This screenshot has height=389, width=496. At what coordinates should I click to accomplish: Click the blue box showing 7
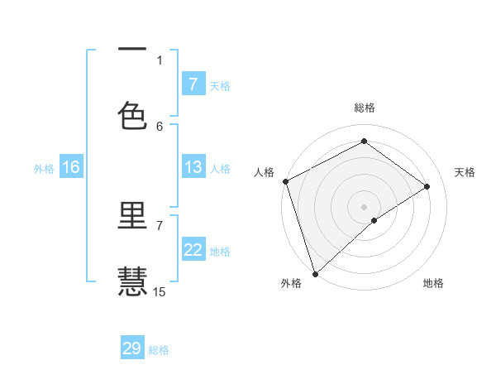pos(193,84)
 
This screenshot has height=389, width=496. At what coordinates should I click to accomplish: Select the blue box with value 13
pos(193,167)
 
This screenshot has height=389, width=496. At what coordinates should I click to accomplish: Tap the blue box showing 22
pos(193,250)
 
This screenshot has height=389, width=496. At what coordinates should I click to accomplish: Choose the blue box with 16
pos(70,167)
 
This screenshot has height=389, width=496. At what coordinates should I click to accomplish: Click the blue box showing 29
pos(132,348)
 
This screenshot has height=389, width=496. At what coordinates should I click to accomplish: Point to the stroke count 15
pos(160,291)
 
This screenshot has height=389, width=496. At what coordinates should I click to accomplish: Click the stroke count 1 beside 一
pos(160,60)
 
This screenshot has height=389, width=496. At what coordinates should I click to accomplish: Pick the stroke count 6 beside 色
pos(160,126)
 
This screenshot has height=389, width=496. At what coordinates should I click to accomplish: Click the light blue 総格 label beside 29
pos(159,350)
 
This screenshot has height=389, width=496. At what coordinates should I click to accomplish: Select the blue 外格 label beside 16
pos(44,169)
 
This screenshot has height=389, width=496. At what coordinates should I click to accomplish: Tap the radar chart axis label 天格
pos(465,172)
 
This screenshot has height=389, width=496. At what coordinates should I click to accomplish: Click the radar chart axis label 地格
pos(433,284)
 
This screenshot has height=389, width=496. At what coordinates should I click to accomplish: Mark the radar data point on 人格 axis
pos(285,181)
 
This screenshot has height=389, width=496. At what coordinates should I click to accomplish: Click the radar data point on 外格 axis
pos(315,273)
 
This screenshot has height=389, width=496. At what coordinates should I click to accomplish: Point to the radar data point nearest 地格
pos(374,220)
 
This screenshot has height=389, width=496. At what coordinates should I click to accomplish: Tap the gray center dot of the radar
pos(364,206)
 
